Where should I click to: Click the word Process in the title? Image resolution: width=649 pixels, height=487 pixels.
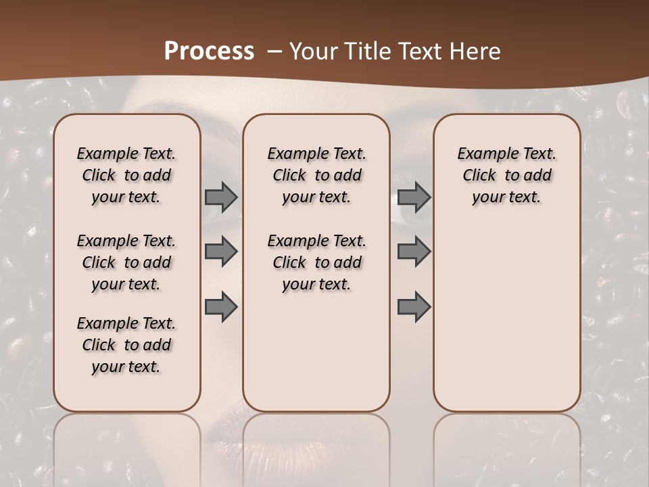tap(209, 51)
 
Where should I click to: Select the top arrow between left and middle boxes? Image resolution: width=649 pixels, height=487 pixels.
tap(221, 198)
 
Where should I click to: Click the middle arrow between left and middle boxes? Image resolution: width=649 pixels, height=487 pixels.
tap(221, 252)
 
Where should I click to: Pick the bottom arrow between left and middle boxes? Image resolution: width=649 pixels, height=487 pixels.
tap(221, 307)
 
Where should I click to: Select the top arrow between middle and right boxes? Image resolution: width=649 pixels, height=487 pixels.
tap(414, 198)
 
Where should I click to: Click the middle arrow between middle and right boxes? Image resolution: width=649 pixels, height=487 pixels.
tap(414, 252)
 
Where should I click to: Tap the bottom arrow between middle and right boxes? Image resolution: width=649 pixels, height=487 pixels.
tap(414, 307)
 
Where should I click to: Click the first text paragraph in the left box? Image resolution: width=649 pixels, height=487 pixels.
tap(126, 175)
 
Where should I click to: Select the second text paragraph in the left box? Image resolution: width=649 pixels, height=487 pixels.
tap(126, 262)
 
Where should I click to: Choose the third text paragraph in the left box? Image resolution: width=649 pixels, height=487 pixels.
tap(126, 345)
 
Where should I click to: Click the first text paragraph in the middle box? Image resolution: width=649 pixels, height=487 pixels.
tap(316, 175)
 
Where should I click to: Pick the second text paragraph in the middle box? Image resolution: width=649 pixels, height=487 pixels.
tap(316, 262)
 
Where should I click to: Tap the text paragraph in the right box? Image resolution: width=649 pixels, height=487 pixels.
tap(506, 175)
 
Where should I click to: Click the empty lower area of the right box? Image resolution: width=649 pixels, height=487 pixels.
tap(506, 318)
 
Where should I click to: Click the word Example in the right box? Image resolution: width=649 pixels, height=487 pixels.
tap(481, 154)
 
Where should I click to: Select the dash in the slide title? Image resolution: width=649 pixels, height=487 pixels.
tap(274, 51)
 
